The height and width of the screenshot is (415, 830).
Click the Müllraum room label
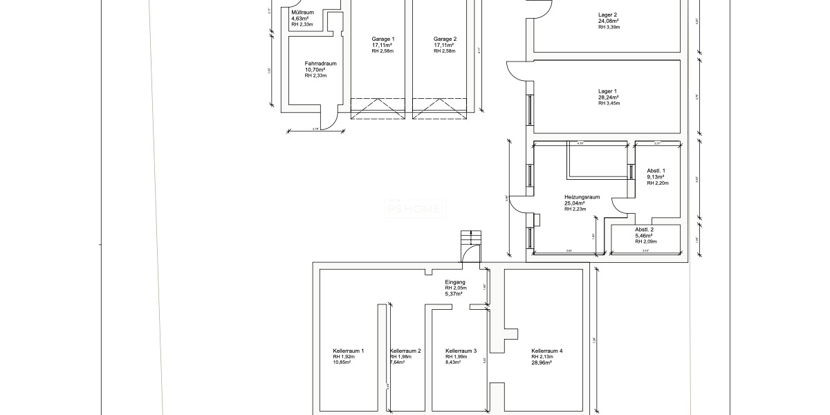(x=302, y=12)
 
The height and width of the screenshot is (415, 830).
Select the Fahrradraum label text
(x=320, y=63)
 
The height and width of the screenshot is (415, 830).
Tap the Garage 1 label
(x=382, y=39)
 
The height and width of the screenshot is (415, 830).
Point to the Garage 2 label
(x=445, y=39)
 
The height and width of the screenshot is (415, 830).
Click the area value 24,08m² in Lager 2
(x=608, y=21)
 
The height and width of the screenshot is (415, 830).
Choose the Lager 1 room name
(x=607, y=91)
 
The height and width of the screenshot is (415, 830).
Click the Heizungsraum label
(x=581, y=196)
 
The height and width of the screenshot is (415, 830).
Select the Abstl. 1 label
(x=656, y=170)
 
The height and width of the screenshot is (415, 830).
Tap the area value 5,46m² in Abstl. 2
(x=645, y=236)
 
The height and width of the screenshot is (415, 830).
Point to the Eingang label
(x=455, y=282)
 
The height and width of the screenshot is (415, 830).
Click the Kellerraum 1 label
(x=348, y=351)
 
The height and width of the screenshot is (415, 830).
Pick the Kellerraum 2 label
(x=406, y=351)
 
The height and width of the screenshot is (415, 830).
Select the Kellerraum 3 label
(x=461, y=351)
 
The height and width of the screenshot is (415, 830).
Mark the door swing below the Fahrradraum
(x=331, y=122)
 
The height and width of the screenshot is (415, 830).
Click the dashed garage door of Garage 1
(x=377, y=109)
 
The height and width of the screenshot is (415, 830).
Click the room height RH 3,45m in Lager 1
(x=609, y=103)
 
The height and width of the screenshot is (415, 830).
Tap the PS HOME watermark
(x=416, y=208)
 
